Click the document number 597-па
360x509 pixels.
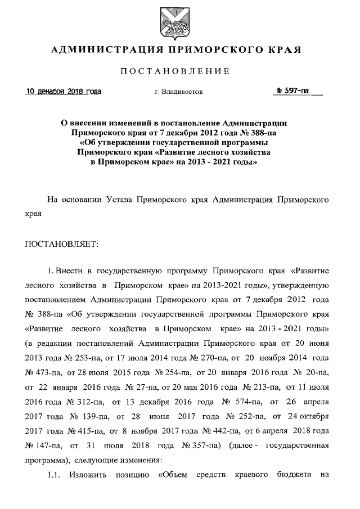(296, 91)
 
